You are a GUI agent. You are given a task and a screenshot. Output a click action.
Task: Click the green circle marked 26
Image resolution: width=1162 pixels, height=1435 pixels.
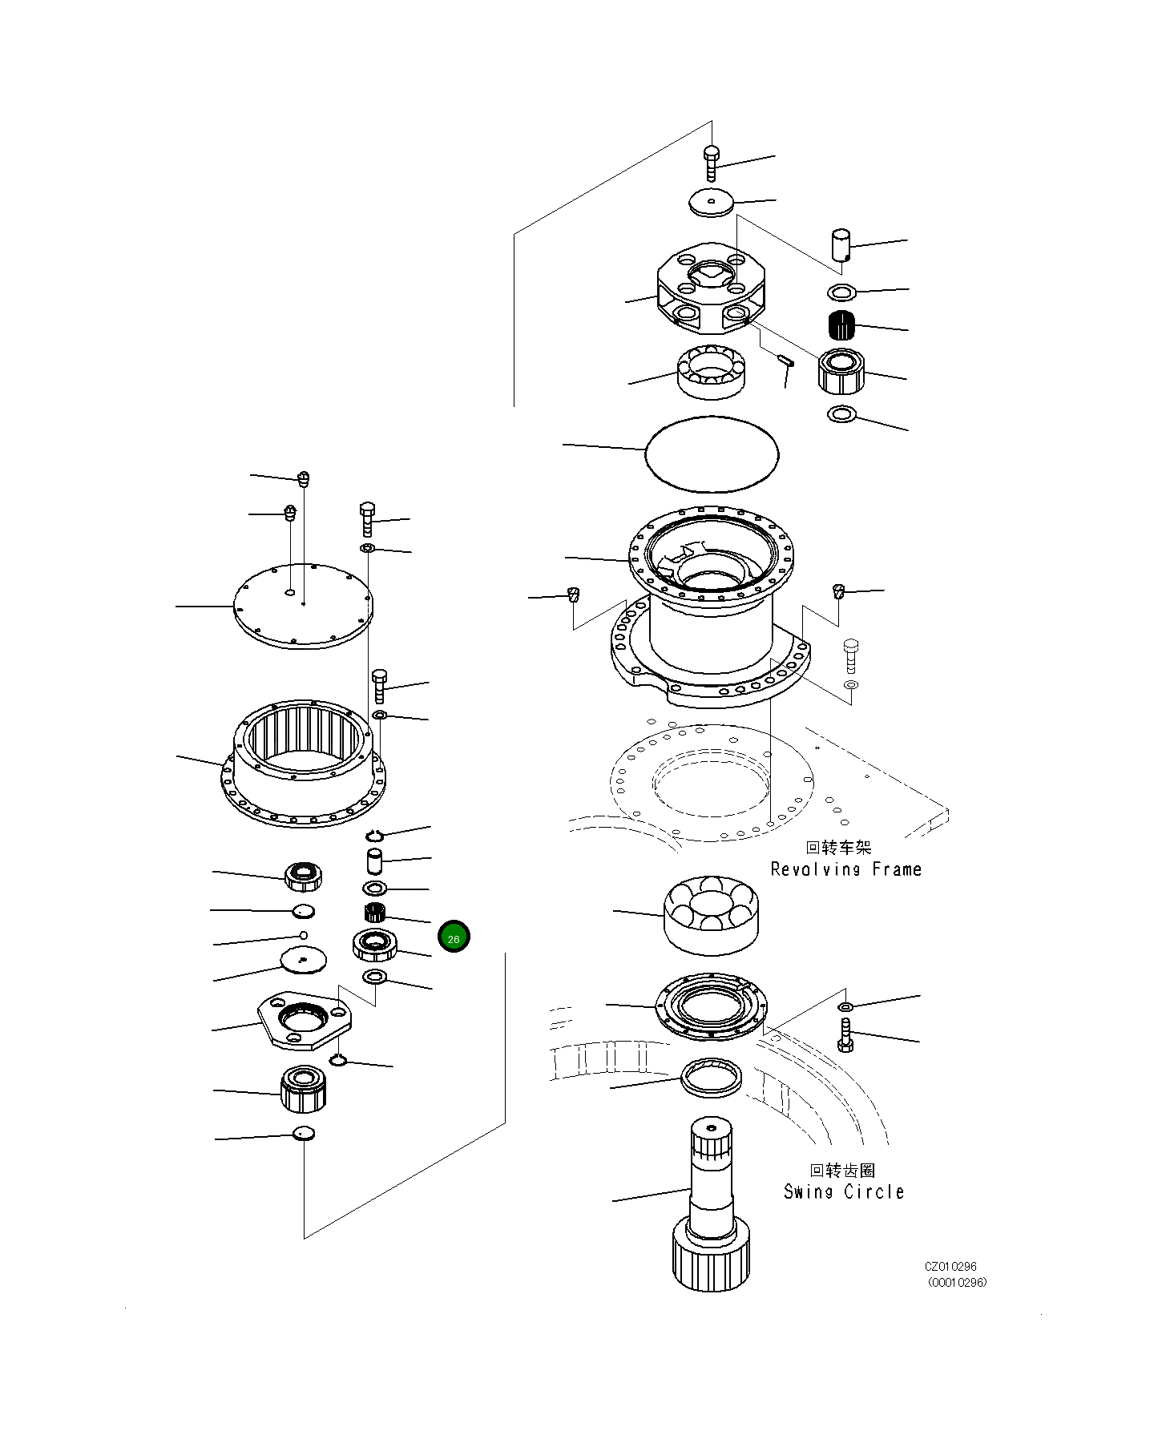coord(454,937)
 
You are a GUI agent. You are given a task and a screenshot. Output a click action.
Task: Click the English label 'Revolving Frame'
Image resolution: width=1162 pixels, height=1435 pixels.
coord(845,869)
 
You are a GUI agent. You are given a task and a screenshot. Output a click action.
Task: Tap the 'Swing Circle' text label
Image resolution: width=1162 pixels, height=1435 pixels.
coord(844,1191)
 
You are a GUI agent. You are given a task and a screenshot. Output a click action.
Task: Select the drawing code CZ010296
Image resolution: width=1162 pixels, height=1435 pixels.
coord(950,1267)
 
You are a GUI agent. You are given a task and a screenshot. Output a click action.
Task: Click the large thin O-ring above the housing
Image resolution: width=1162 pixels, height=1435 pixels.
coord(712,453)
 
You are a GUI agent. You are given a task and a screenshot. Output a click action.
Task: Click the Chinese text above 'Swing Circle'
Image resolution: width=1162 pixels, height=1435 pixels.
coord(843,1171)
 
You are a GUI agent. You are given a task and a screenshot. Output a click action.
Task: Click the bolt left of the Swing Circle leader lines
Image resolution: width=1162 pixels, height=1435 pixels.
coord(845,1036)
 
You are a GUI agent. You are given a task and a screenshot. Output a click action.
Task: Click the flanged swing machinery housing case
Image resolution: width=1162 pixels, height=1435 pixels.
coord(710,609)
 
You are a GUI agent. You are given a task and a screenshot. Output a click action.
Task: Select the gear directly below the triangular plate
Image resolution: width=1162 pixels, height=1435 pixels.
coord(303,1090)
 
